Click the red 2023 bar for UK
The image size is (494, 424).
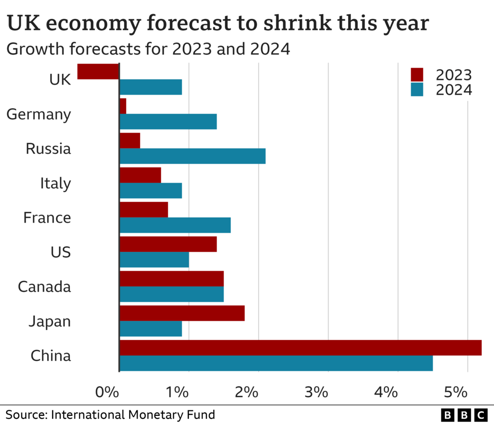(x=98, y=71)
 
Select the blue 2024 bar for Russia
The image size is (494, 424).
(x=192, y=156)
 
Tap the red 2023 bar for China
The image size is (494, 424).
(x=300, y=348)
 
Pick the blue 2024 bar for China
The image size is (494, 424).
(x=276, y=363)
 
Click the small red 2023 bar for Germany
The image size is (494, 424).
(x=122, y=106)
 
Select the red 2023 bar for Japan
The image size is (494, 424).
(x=182, y=313)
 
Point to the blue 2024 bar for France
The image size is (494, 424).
(x=175, y=225)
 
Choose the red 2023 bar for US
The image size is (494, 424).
(x=168, y=244)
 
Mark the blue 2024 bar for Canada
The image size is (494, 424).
(x=172, y=294)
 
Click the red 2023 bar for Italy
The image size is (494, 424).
(x=140, y=175)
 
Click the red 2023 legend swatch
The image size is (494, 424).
(x=417, y=75)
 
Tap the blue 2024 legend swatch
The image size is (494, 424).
(x=417, y=90)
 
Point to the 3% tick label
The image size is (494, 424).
(x=317, y=392)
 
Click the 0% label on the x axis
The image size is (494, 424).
(x=107, y=392)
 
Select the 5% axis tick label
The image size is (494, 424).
(x=455, y=392)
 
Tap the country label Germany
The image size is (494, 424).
(x=38, y=114)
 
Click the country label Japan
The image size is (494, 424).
(x=50, y=321)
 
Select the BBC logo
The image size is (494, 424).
(x=464, y=415)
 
